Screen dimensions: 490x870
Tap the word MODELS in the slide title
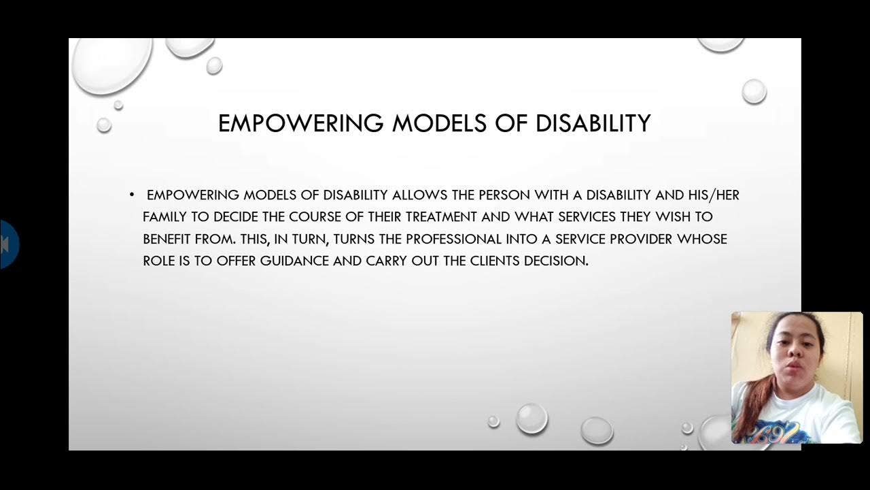point(440,123)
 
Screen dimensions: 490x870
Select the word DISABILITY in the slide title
point(593,123)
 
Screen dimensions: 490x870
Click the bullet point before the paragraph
point(132,195)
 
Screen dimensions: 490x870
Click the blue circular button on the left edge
point(8,244)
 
